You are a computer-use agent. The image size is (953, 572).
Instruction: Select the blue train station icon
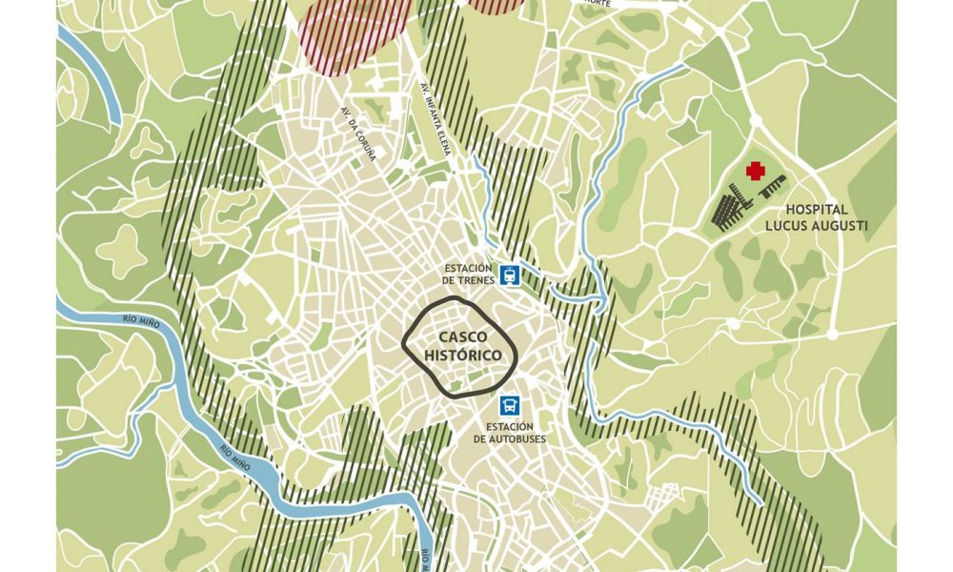[512, 275]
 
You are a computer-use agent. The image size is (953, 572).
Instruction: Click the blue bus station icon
[511, 404]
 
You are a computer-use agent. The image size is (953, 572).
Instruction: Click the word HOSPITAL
[818, 210]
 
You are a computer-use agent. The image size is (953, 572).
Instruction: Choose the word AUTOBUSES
[505, 439]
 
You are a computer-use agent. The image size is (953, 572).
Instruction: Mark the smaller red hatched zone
[496, 5]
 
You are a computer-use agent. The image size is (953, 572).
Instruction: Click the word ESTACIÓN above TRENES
[466, 268]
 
